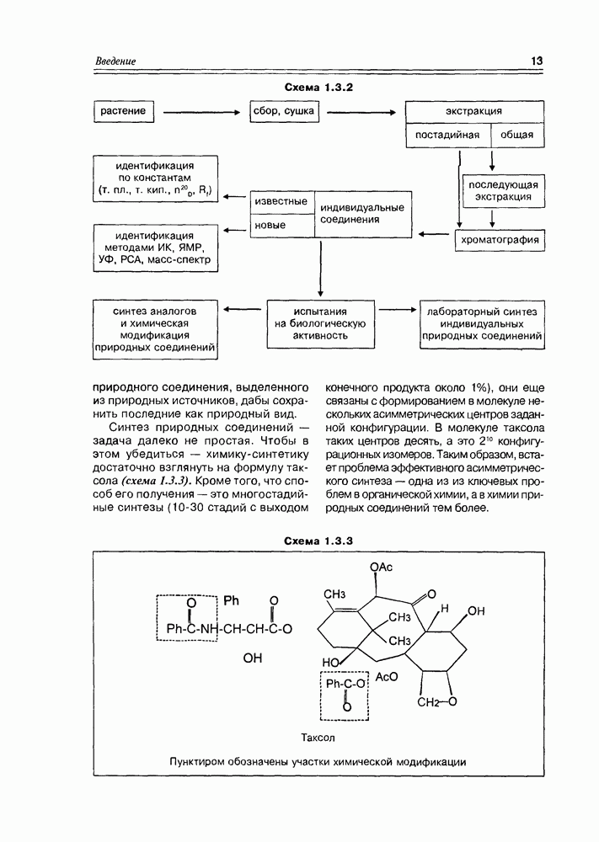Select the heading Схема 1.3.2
click(318, 88)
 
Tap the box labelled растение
click(123, 111)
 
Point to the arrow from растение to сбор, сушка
click(201, 112)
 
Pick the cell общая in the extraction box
click(517, 135)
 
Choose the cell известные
click(281, 202)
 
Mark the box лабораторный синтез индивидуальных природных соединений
click(481, 323)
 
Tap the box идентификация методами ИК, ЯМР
click(155, 248)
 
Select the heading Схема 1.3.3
click(318, 540)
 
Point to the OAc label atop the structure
click(381, 567)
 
